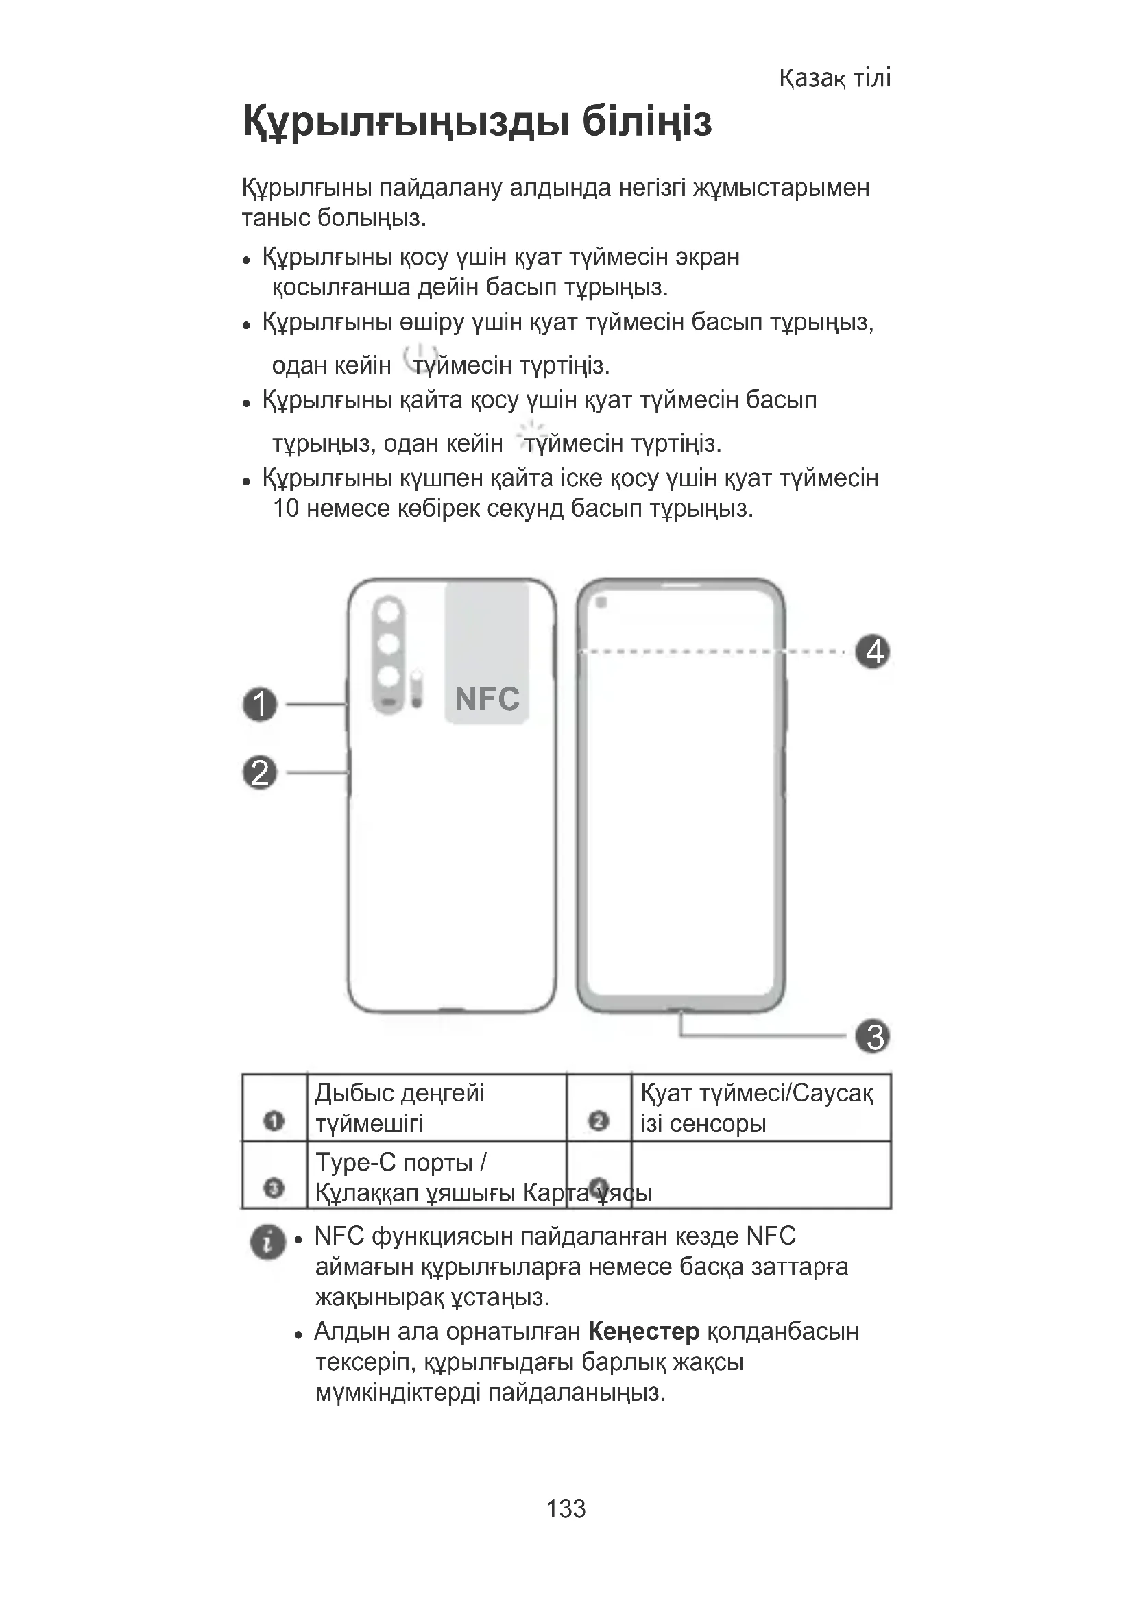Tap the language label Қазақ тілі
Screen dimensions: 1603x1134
[834, 77]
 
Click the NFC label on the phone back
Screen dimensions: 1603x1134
[487, 699]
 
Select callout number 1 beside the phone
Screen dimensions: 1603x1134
[260, 704]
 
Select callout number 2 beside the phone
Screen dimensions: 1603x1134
[260, 773]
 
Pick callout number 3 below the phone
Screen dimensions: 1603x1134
[873, 1036]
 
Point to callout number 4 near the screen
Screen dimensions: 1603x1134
[873, 651]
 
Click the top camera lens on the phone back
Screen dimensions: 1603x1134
[389, 611]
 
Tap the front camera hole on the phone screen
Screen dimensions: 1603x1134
[601, 602]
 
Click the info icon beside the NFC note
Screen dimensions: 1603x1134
[267, 1241]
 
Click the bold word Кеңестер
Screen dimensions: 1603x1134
[643, 1332]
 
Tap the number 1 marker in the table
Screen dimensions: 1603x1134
[274, 1121]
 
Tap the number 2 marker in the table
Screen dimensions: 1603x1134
[599, 1121]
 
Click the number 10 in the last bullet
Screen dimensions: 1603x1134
[286, 509]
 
